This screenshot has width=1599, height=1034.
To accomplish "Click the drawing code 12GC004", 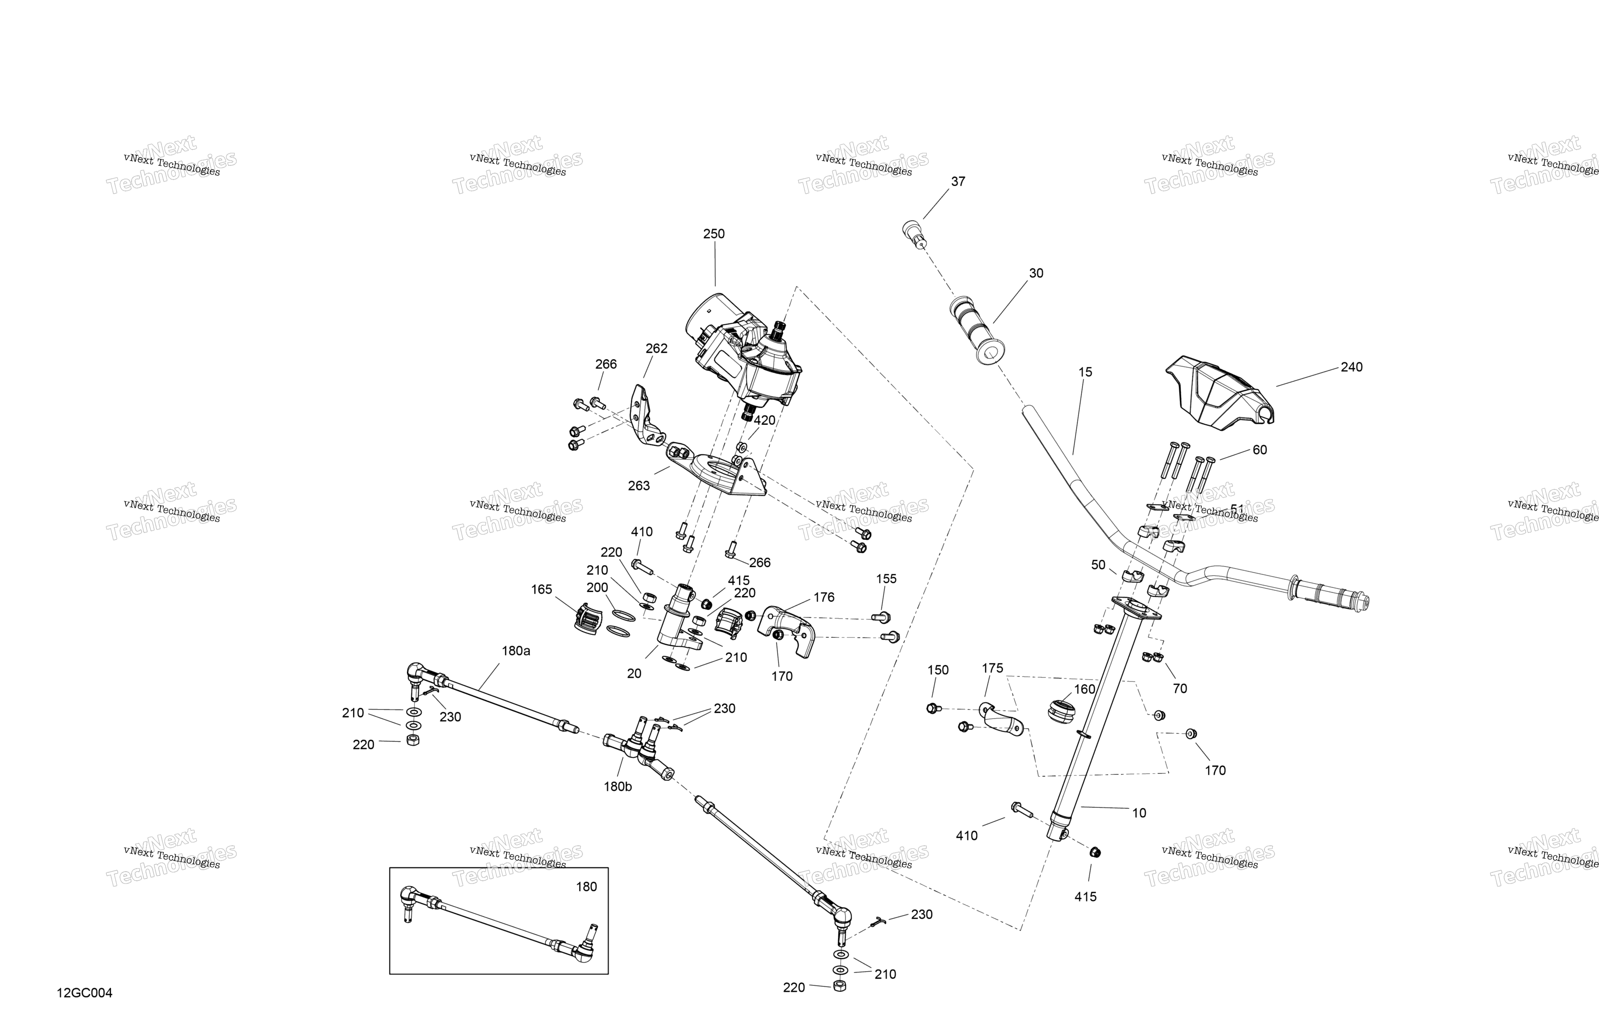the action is [85, 993].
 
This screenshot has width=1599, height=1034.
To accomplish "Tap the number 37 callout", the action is [958, 181].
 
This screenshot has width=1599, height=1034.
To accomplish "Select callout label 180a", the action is [516, 651].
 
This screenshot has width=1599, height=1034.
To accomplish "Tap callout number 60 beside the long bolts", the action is [1260, 450].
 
